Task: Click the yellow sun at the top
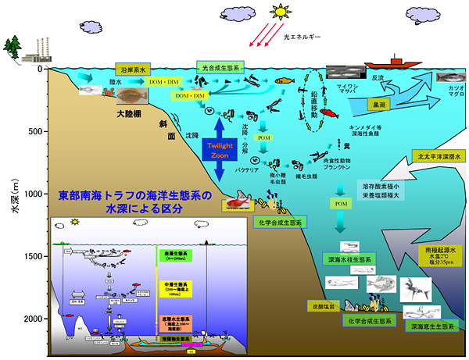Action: tap(279, 11)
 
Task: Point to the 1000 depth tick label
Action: tap(30, 194)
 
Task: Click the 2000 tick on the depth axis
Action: tap(30, 319)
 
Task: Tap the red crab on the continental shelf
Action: tap(106, 95)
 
